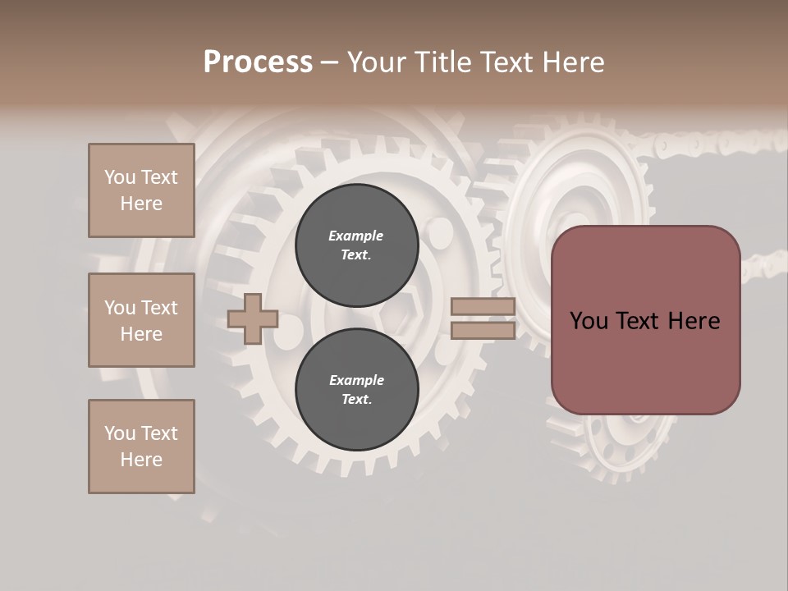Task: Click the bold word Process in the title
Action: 258,62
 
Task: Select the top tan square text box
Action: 141,190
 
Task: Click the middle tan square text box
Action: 141,320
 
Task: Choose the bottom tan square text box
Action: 141,447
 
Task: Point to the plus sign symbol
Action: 253,318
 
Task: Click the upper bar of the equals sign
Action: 483,307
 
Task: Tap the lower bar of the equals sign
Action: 483,330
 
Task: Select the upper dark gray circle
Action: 356,245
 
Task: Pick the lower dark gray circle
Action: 356,390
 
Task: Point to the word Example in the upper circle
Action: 356,236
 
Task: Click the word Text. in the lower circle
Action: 356,400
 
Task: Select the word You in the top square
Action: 120,177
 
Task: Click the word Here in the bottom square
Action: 141,460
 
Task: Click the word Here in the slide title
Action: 575,62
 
